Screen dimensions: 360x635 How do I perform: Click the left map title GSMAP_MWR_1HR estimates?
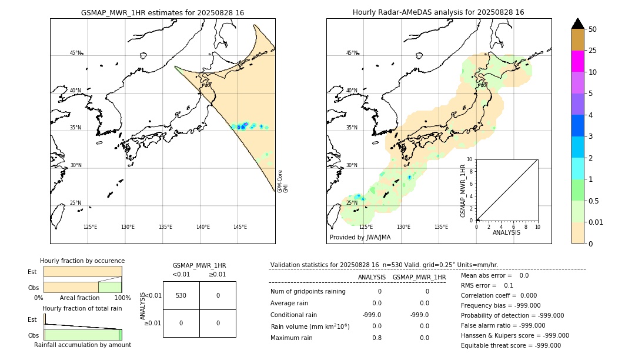tap(162, 12)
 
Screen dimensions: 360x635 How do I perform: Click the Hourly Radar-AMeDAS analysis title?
tap(438, 12)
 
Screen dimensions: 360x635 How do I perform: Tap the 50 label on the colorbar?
tap(593, 29)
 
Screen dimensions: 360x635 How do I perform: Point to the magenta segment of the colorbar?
tap(578, 61)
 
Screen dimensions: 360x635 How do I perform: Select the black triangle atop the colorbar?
tap(578, 24)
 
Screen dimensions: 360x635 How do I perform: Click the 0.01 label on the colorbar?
tap(596, 222)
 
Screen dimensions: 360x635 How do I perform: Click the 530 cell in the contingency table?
tap(181, 295)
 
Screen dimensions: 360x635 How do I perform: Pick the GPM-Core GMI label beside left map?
tap(283, 181)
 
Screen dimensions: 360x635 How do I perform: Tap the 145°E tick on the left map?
tap(240, 227)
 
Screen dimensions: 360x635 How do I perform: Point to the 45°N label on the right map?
tap(352, 53)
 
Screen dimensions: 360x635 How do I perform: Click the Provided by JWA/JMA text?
tap(360, 238)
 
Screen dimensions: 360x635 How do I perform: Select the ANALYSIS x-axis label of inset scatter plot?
tap(507, 233)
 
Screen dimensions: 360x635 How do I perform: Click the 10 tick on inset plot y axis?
tap(469, 159)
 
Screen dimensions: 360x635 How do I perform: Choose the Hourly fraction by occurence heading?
tap(82, 261)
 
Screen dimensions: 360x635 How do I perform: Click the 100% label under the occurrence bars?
tap(122, 298)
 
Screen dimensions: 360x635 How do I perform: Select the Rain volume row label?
tap(310, 326)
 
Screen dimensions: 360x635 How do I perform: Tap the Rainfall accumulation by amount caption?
tap(82, 345)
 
